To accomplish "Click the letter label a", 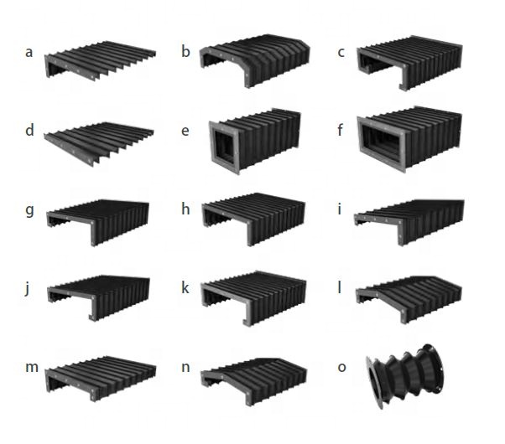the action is click(29, 53).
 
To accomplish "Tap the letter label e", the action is click(185, 132).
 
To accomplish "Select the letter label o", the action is click(341, 367).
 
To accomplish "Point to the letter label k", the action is click(185, 287).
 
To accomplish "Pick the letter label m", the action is click(31, 367).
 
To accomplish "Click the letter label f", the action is click(341, 132).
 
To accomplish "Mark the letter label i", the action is click(340, 209).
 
